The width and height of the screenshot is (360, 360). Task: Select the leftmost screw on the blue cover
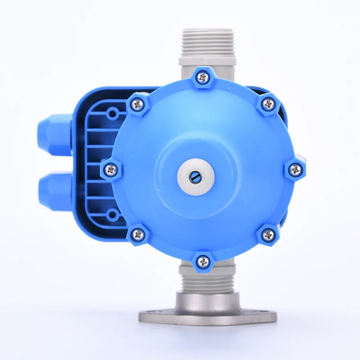[111, 169]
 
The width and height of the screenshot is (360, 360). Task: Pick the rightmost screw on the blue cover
[295, 170]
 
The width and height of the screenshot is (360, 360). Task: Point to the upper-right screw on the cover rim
[269, 104]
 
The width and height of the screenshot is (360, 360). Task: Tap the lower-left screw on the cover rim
[138, 234]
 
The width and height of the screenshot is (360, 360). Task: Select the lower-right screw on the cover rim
[268, 234]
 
